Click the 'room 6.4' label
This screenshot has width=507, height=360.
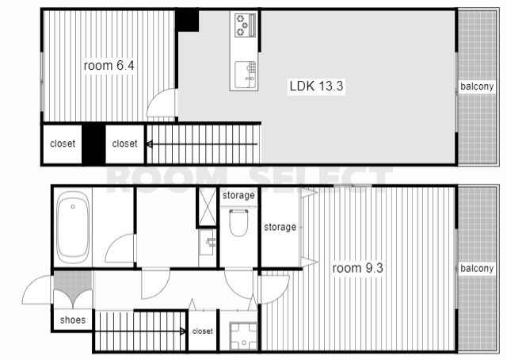[109, 65]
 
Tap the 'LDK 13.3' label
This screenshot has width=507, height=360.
[316, 86]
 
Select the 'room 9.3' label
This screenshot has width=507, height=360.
[357, 268]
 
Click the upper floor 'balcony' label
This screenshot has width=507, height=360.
[477, 86]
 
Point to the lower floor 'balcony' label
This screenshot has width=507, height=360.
[477, 268]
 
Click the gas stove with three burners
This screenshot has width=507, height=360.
[245, 25]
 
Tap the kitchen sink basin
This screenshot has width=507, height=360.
[246, 75]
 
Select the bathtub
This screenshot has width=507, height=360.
[73, 227]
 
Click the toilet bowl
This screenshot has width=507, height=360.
[238, 223]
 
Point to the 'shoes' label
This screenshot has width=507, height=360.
[73, 320]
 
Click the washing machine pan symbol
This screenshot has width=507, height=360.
[243, 336]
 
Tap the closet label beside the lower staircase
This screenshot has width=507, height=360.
[203, 331]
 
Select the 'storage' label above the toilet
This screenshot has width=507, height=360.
[238, 195]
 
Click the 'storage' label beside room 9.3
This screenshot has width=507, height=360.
[280, 227]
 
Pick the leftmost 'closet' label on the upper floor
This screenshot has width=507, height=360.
[63, 144]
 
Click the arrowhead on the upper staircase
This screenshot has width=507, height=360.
[150, 144]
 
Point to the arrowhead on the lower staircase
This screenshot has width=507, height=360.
[183, 331]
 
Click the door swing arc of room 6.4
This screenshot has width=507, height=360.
[154, 96]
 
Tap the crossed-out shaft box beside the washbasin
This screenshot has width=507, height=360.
[207, 206]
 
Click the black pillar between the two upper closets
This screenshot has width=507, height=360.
[93, 144]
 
